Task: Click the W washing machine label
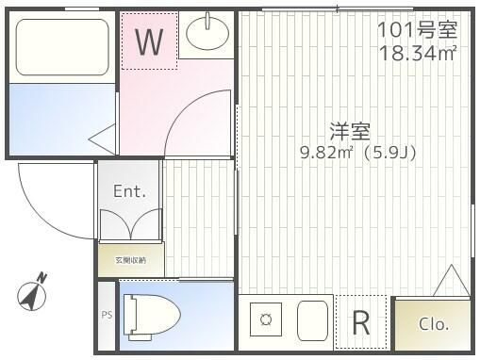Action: [x=149, y=42]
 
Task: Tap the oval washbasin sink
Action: [x=207, y=35]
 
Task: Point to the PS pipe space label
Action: [x=107, y=315]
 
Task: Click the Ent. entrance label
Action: [x=129, y=191]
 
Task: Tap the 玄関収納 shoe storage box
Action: [x=130, y=258]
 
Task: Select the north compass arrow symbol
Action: [x=33, y=293]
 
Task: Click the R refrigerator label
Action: [x=360, y=323]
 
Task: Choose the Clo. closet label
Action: [x=433, y=323]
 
